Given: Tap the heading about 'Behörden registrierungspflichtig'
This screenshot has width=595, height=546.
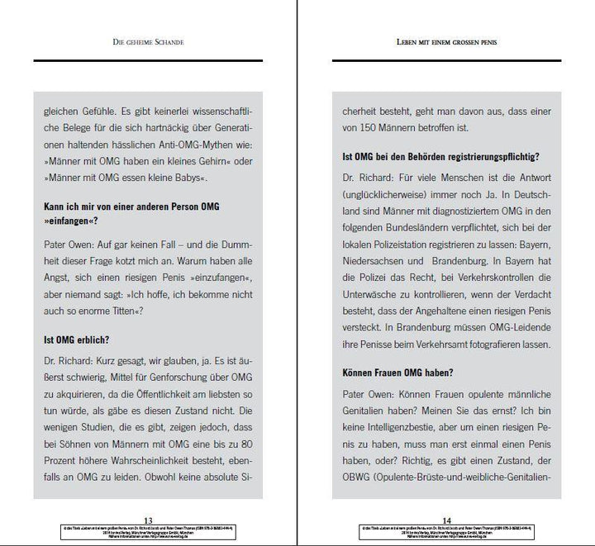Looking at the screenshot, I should (x=441, y=154).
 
